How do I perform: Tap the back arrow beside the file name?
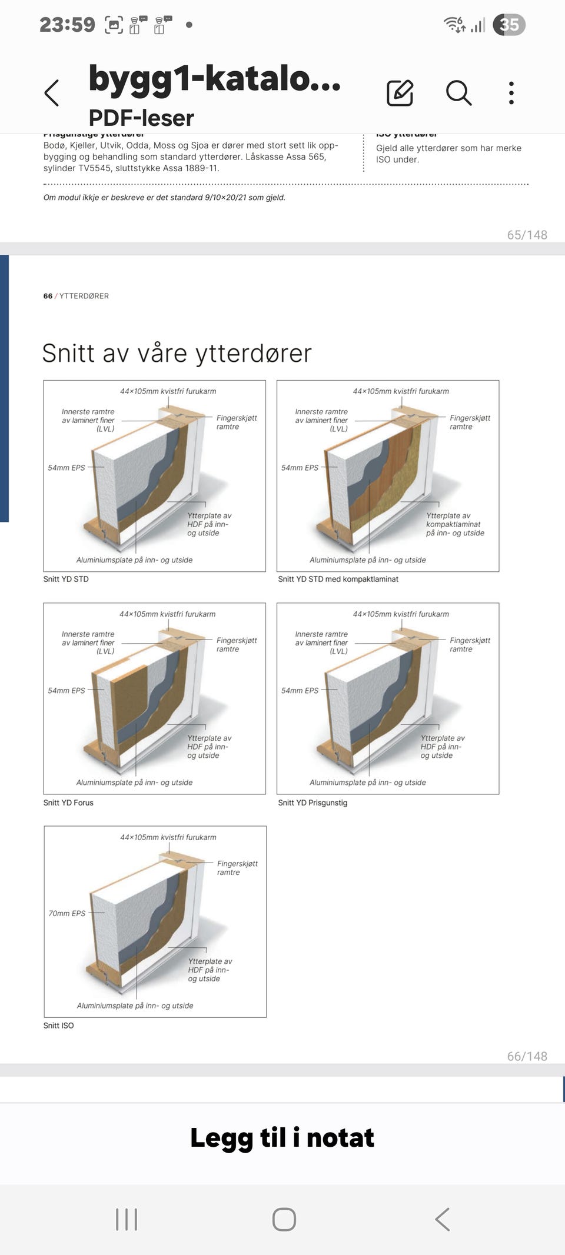(52, 93)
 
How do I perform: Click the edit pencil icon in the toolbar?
(400, 93)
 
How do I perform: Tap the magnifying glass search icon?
(458, 93)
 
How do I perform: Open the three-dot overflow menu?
(511, 93)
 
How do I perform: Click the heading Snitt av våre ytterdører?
(177, 353)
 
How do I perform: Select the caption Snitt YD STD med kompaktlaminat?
(338, 579)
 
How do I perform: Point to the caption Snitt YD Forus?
(68, 803)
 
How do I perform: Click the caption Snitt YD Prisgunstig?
(313, 803)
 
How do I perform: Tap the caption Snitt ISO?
(58, 1026)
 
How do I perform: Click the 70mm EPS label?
(67, 913)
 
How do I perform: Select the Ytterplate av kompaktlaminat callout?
(455, 524)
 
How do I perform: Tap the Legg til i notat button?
(282, 1138)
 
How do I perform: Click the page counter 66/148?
(527, 1056)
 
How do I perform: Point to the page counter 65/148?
(527, 235)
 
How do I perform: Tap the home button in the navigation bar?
(284, 1220)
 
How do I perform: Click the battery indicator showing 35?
(509, 25)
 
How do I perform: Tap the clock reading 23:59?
(67, 25)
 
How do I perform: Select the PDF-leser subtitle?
(141, 118)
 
